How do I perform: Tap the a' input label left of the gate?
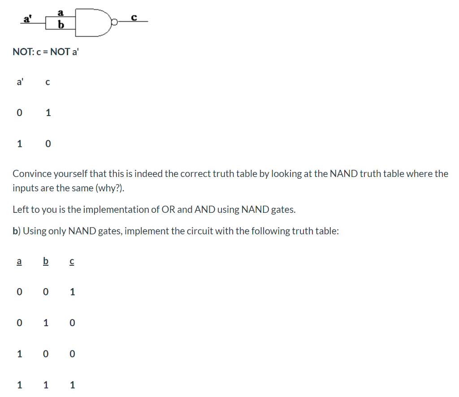27,19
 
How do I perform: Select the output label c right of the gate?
134,17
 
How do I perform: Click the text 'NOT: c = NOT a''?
41,52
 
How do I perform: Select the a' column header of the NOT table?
20,82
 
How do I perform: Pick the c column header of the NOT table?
48,82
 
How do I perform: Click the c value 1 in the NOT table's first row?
48,113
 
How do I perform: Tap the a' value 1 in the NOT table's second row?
19,144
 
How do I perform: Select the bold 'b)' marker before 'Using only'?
17,231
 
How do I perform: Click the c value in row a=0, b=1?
73,323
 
